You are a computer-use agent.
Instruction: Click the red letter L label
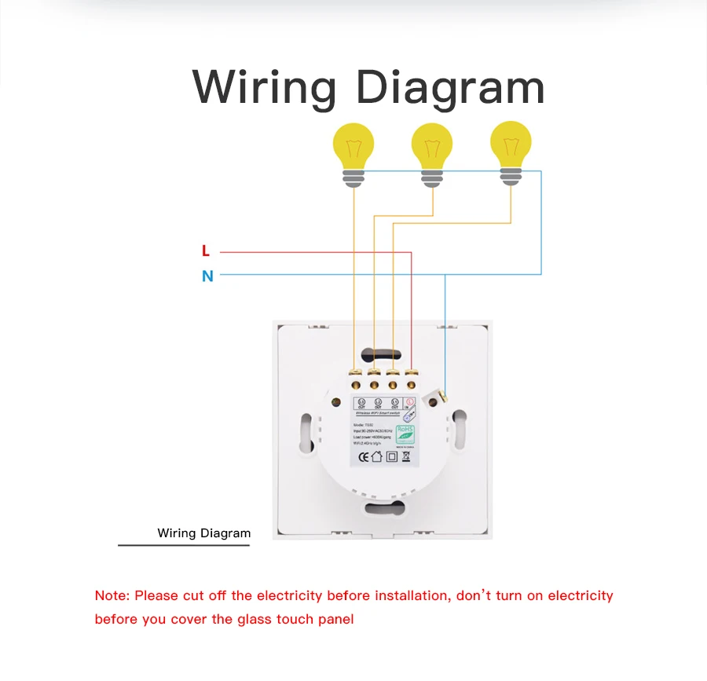[206, 251]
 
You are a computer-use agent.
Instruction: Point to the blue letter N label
[207, 276]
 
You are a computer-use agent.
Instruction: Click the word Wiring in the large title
[264, 87]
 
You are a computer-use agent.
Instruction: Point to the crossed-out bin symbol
[405, 456]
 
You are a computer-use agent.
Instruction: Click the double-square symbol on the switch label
[392, 456]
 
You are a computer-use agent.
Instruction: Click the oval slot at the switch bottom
[385, 508]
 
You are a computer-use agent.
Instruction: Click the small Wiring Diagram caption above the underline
[203, 533]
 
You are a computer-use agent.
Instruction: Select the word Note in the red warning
[112, 595]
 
